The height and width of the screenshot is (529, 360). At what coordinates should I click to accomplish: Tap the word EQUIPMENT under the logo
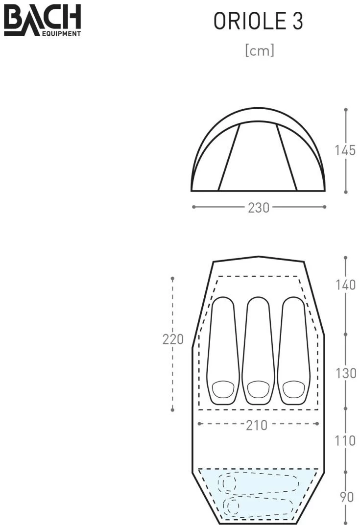(61, 33)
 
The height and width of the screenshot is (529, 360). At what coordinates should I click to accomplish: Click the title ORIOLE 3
(258, 21)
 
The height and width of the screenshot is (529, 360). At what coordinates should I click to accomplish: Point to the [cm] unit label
(260, 50)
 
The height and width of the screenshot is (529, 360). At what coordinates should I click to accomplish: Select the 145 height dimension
(345, 150)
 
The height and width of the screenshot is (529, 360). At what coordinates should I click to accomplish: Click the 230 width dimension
(259, 208)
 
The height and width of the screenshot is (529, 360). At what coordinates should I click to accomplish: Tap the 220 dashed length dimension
(173, 339)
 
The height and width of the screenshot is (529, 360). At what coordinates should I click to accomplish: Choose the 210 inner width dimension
(257, 425)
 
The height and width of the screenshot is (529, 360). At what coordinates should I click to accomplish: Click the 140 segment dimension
(345, 285)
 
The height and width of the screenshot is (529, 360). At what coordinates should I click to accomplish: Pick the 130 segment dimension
(345, 373)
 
